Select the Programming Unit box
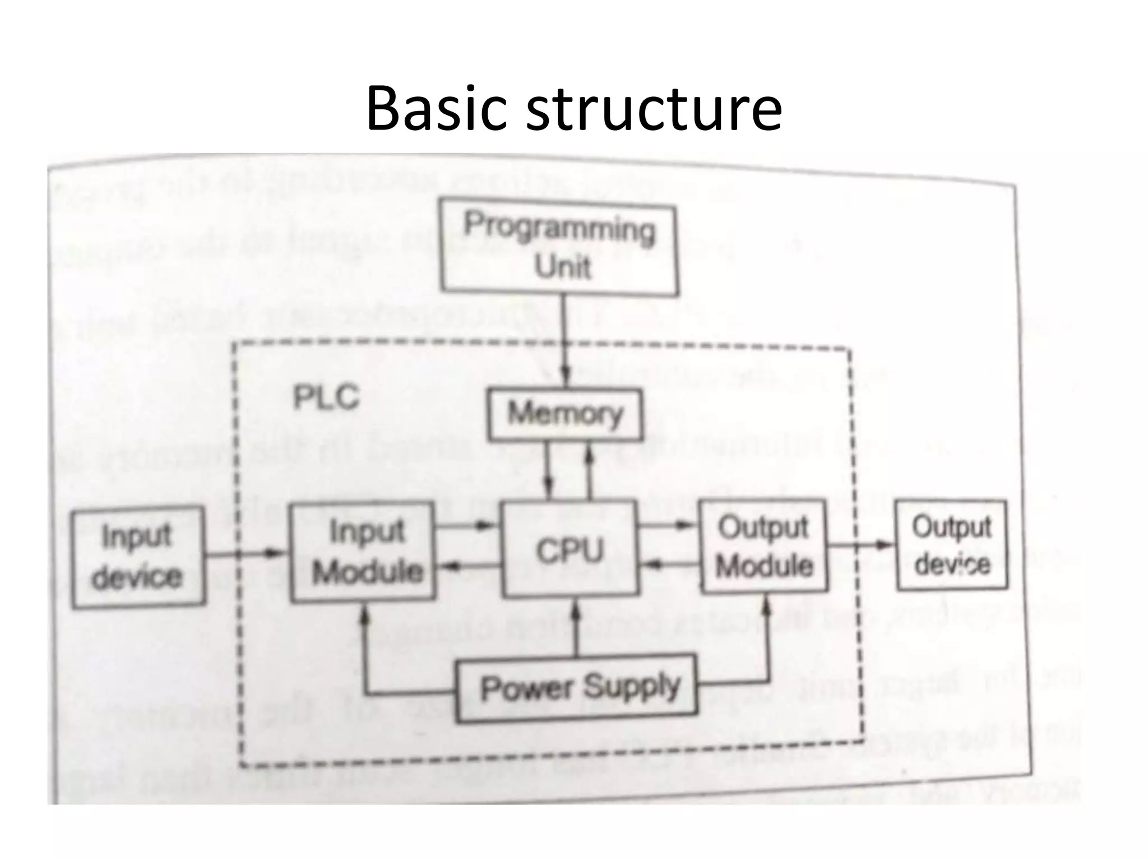pyautogui.click(x=559, y=247)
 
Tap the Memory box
pyautogui.click(x=565, y=414)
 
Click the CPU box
pyautogui.click(x=570, y=549)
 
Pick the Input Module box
pyautogui.click(x=363, y=552)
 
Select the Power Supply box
pyautogui.click(x=577, y=688)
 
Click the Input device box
pyautogui.click(x=137, y=557)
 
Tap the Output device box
pyautogui.click(x=951, y=545)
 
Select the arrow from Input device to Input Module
pyautogui.click(x=247, y=554)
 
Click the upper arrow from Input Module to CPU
pyautogui.click(x=466, y=526)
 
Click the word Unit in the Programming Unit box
pyautogui.click(x=562, y=267)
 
